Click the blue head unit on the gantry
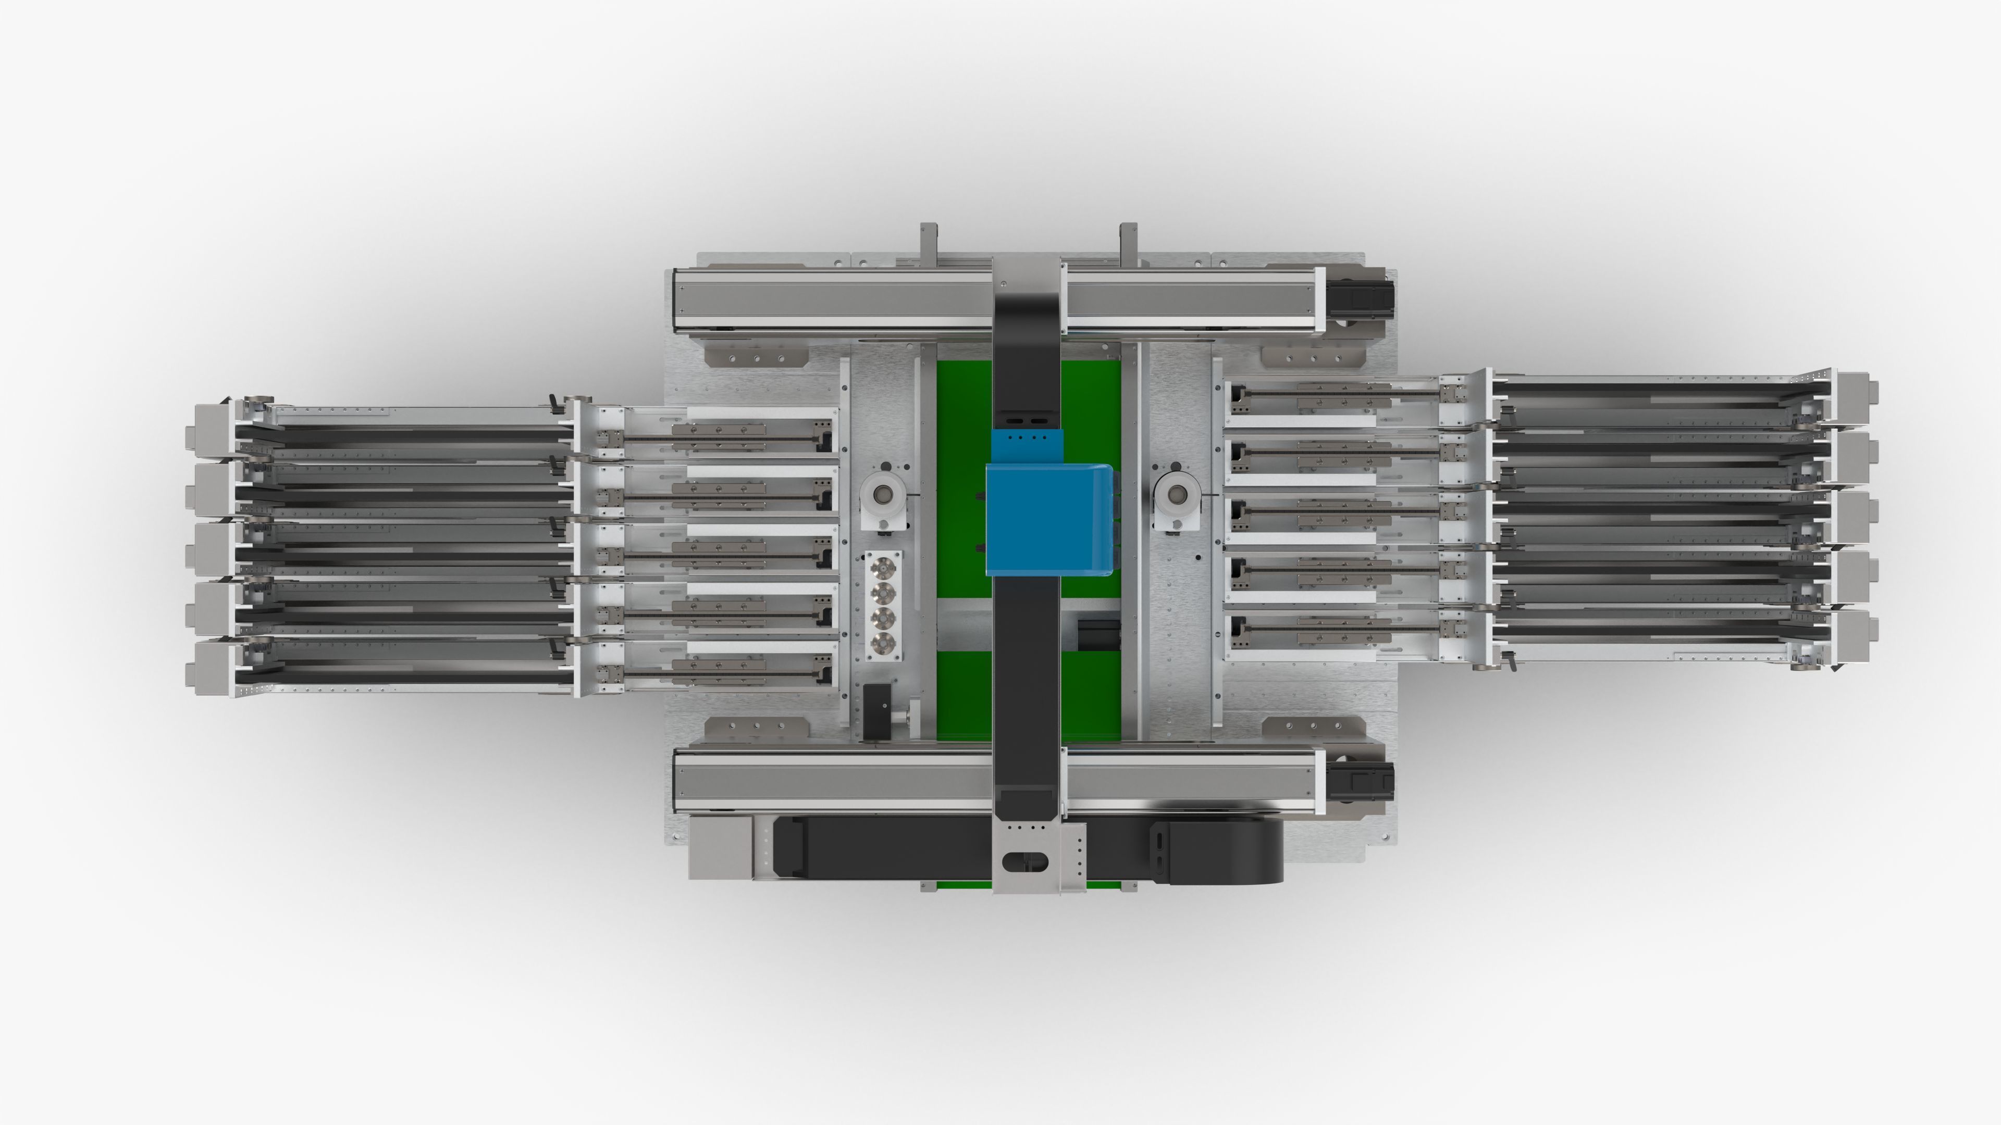(x=1048, y=519)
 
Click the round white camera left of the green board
(x=883, y=494)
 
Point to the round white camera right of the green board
(x=1178, y=494)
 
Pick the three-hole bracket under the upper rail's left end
(x=755, y=358)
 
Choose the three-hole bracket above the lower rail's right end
(x=1313, y=728)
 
